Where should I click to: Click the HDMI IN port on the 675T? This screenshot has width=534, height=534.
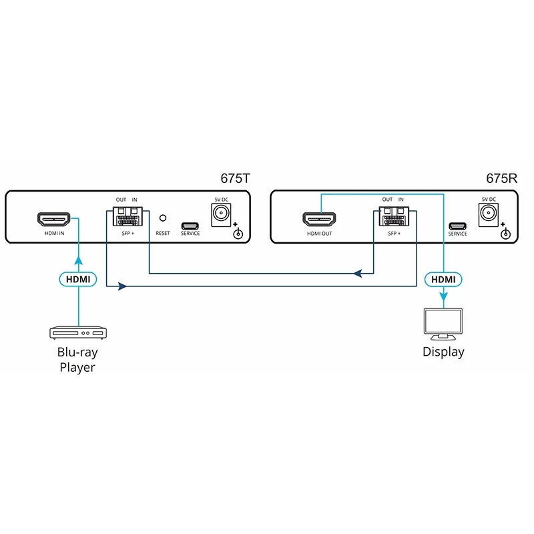(53, 219)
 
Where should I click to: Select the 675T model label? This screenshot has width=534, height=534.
(236, 179)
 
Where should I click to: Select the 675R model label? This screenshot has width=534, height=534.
(503, 179)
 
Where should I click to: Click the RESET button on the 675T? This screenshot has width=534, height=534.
(162, 218)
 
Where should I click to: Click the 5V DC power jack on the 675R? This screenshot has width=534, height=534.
(487, 214)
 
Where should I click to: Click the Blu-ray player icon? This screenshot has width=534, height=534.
(77, 332)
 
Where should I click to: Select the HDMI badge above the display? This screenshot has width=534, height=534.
(443, 279)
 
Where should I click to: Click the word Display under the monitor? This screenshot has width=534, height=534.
(443, 352)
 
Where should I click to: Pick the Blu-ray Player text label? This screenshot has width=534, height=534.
(77, 360)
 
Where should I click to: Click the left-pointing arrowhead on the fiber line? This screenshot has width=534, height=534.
(358, 272)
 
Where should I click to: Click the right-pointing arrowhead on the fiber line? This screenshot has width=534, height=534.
(122, 286)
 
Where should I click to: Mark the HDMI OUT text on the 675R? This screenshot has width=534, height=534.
(318, 234)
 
